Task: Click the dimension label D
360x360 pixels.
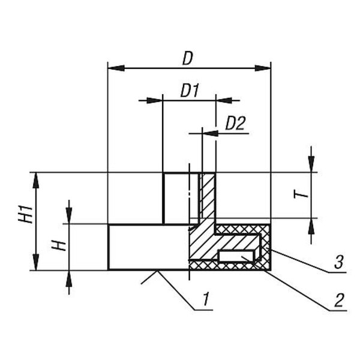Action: click(188, 59)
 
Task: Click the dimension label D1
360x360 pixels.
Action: click(190, 90)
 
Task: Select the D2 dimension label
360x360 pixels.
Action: click(235, 123)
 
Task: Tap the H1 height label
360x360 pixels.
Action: click(25, 214)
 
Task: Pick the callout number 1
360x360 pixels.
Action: click(206, 299)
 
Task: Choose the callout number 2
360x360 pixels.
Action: click(340, 300)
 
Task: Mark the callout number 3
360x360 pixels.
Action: click(339, 262)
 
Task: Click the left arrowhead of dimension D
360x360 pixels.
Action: click(116, 68)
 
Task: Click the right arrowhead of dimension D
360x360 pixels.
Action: click(263, 68)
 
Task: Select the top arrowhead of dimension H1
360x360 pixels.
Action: click(35, 181)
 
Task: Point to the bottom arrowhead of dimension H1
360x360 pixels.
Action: click(35, 262)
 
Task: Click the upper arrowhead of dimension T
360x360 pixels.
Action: click(311, 164)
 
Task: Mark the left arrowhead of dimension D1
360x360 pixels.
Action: click(155, 101)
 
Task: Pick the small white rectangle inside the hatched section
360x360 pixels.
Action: click(236, 256)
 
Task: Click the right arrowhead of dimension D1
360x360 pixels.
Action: click(224, 101)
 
